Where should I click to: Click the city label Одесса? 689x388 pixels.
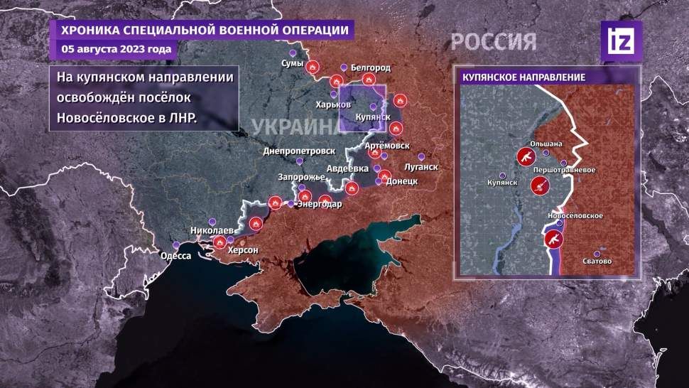pyautogui.click(x=176, y=256)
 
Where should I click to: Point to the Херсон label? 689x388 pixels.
pyautogui.click(x=242, y=251)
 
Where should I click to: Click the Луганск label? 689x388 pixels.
pyautogui.click(x=421, y=168)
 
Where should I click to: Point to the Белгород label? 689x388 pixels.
pyautogui.click(x=371, y=68)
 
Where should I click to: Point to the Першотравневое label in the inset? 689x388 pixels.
pyautogui.click(x=565, y=171)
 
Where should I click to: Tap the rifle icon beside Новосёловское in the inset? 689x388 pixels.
pyautogui.click(x=553, y=239)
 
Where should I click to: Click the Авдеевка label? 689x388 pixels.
pyautogui.click(x=347, y=168)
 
